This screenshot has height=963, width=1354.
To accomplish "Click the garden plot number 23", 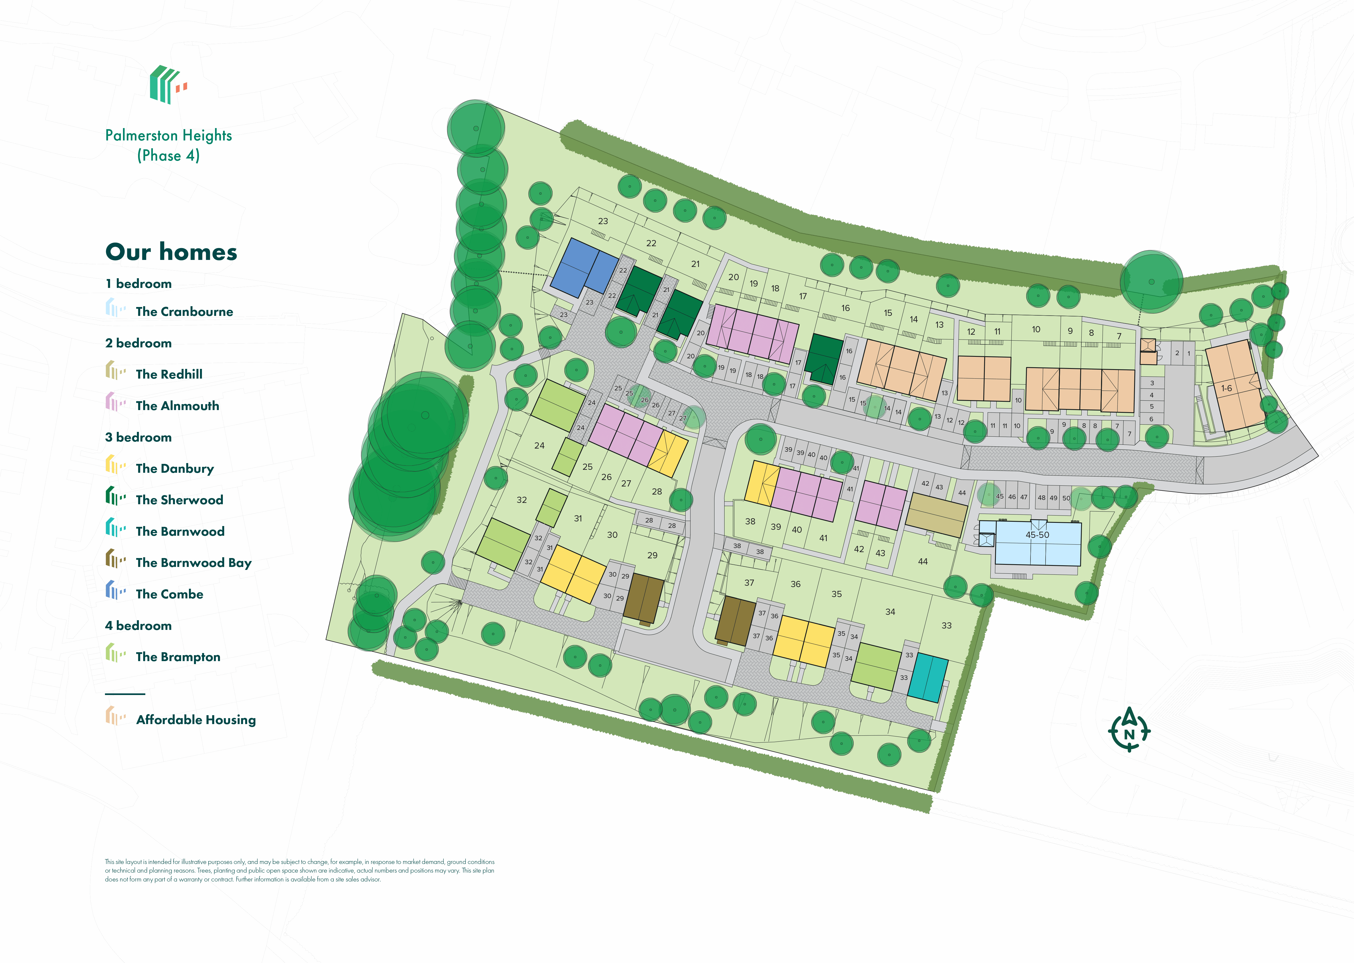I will pyautogui.click(x=603, y=221).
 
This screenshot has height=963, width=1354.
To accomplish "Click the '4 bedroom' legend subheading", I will pyautogui.click(x=138, y=626).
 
